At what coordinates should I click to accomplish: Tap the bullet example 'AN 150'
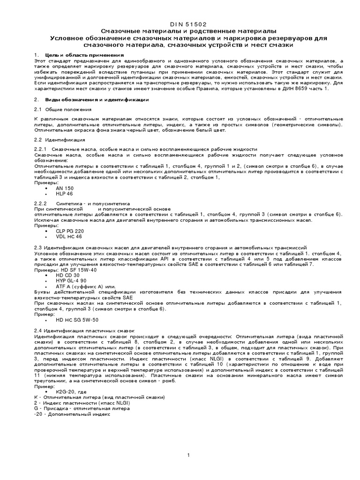(x=65, y=188)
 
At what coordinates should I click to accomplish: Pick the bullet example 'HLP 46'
(x=64, y=194)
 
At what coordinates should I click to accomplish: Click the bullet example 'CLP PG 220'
(x=69, y=231)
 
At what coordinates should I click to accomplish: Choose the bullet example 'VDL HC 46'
(x=68, y=237)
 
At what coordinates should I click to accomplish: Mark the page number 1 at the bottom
(x=188, y=455)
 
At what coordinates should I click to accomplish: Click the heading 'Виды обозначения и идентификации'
(x=97, y=99)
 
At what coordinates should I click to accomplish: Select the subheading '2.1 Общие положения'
(x=62, y=109)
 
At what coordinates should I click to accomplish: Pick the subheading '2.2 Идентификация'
(x=60, y=139)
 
